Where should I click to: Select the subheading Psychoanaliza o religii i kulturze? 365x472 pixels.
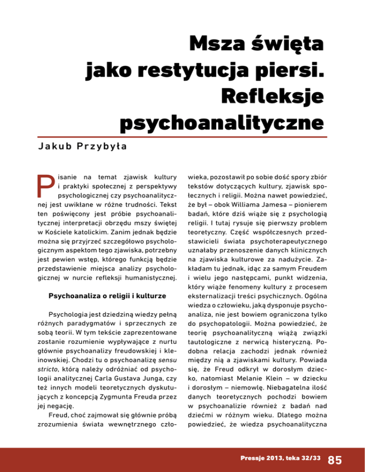[x=106, y=296]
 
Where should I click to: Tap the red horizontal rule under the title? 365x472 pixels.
[x=182, y=137]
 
